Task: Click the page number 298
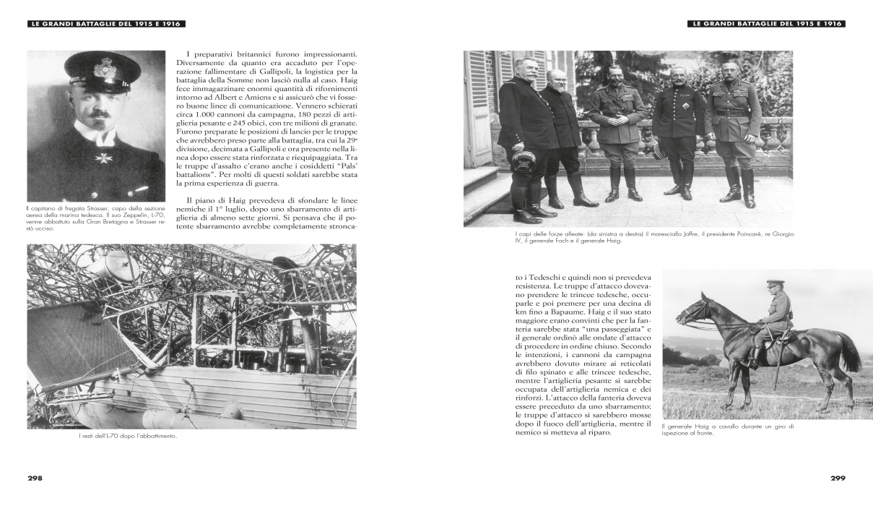pos(35,478)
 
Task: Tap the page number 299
pos(837,478)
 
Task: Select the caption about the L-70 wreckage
pos(128,436)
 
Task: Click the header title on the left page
pos(105,24)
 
